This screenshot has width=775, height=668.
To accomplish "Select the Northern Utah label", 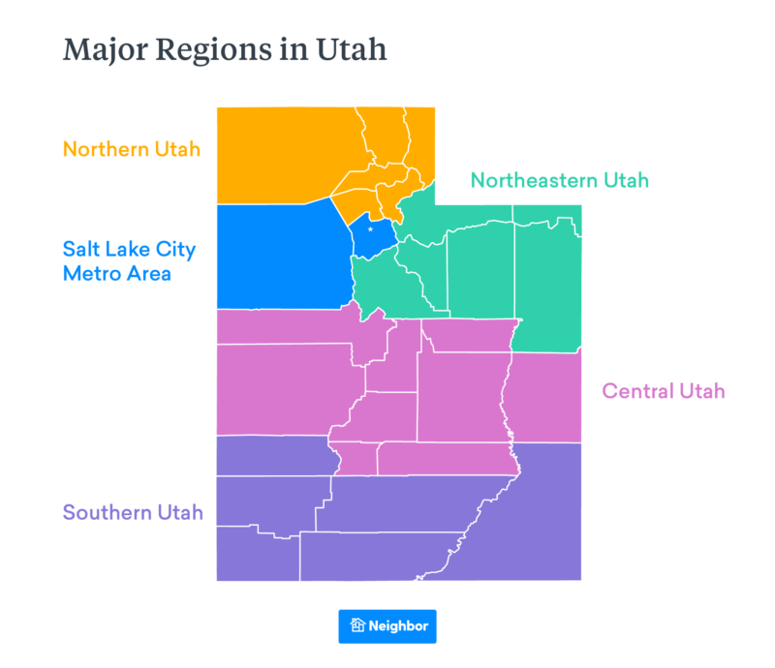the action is pyautogui.click(x=131, y=149).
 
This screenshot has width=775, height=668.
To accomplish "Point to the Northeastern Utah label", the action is pyautogui.click(x=559, y=180).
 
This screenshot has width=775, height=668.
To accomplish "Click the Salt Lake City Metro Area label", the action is pyautogui.click(x=129, y=261).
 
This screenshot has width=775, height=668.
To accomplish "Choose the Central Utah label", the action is pyautogui.click(x=663, y=391).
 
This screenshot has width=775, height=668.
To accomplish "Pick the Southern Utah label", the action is pyautogui.click(x=133, y=512).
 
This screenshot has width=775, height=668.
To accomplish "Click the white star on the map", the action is pyautogui.click(x=370, y=229).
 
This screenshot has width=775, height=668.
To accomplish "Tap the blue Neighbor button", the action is pyautogui.click(x=387, y=626).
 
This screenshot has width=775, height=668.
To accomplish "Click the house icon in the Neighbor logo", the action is pyautogui.click(x=357, y=626).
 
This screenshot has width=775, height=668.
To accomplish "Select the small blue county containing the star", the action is pyautogui.click(x=373, y=238).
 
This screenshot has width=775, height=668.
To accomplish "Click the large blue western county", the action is pyautogui.click(x=281, y=257).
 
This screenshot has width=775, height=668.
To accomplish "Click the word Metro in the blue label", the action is pyautogui.click(x=89, y=273).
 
